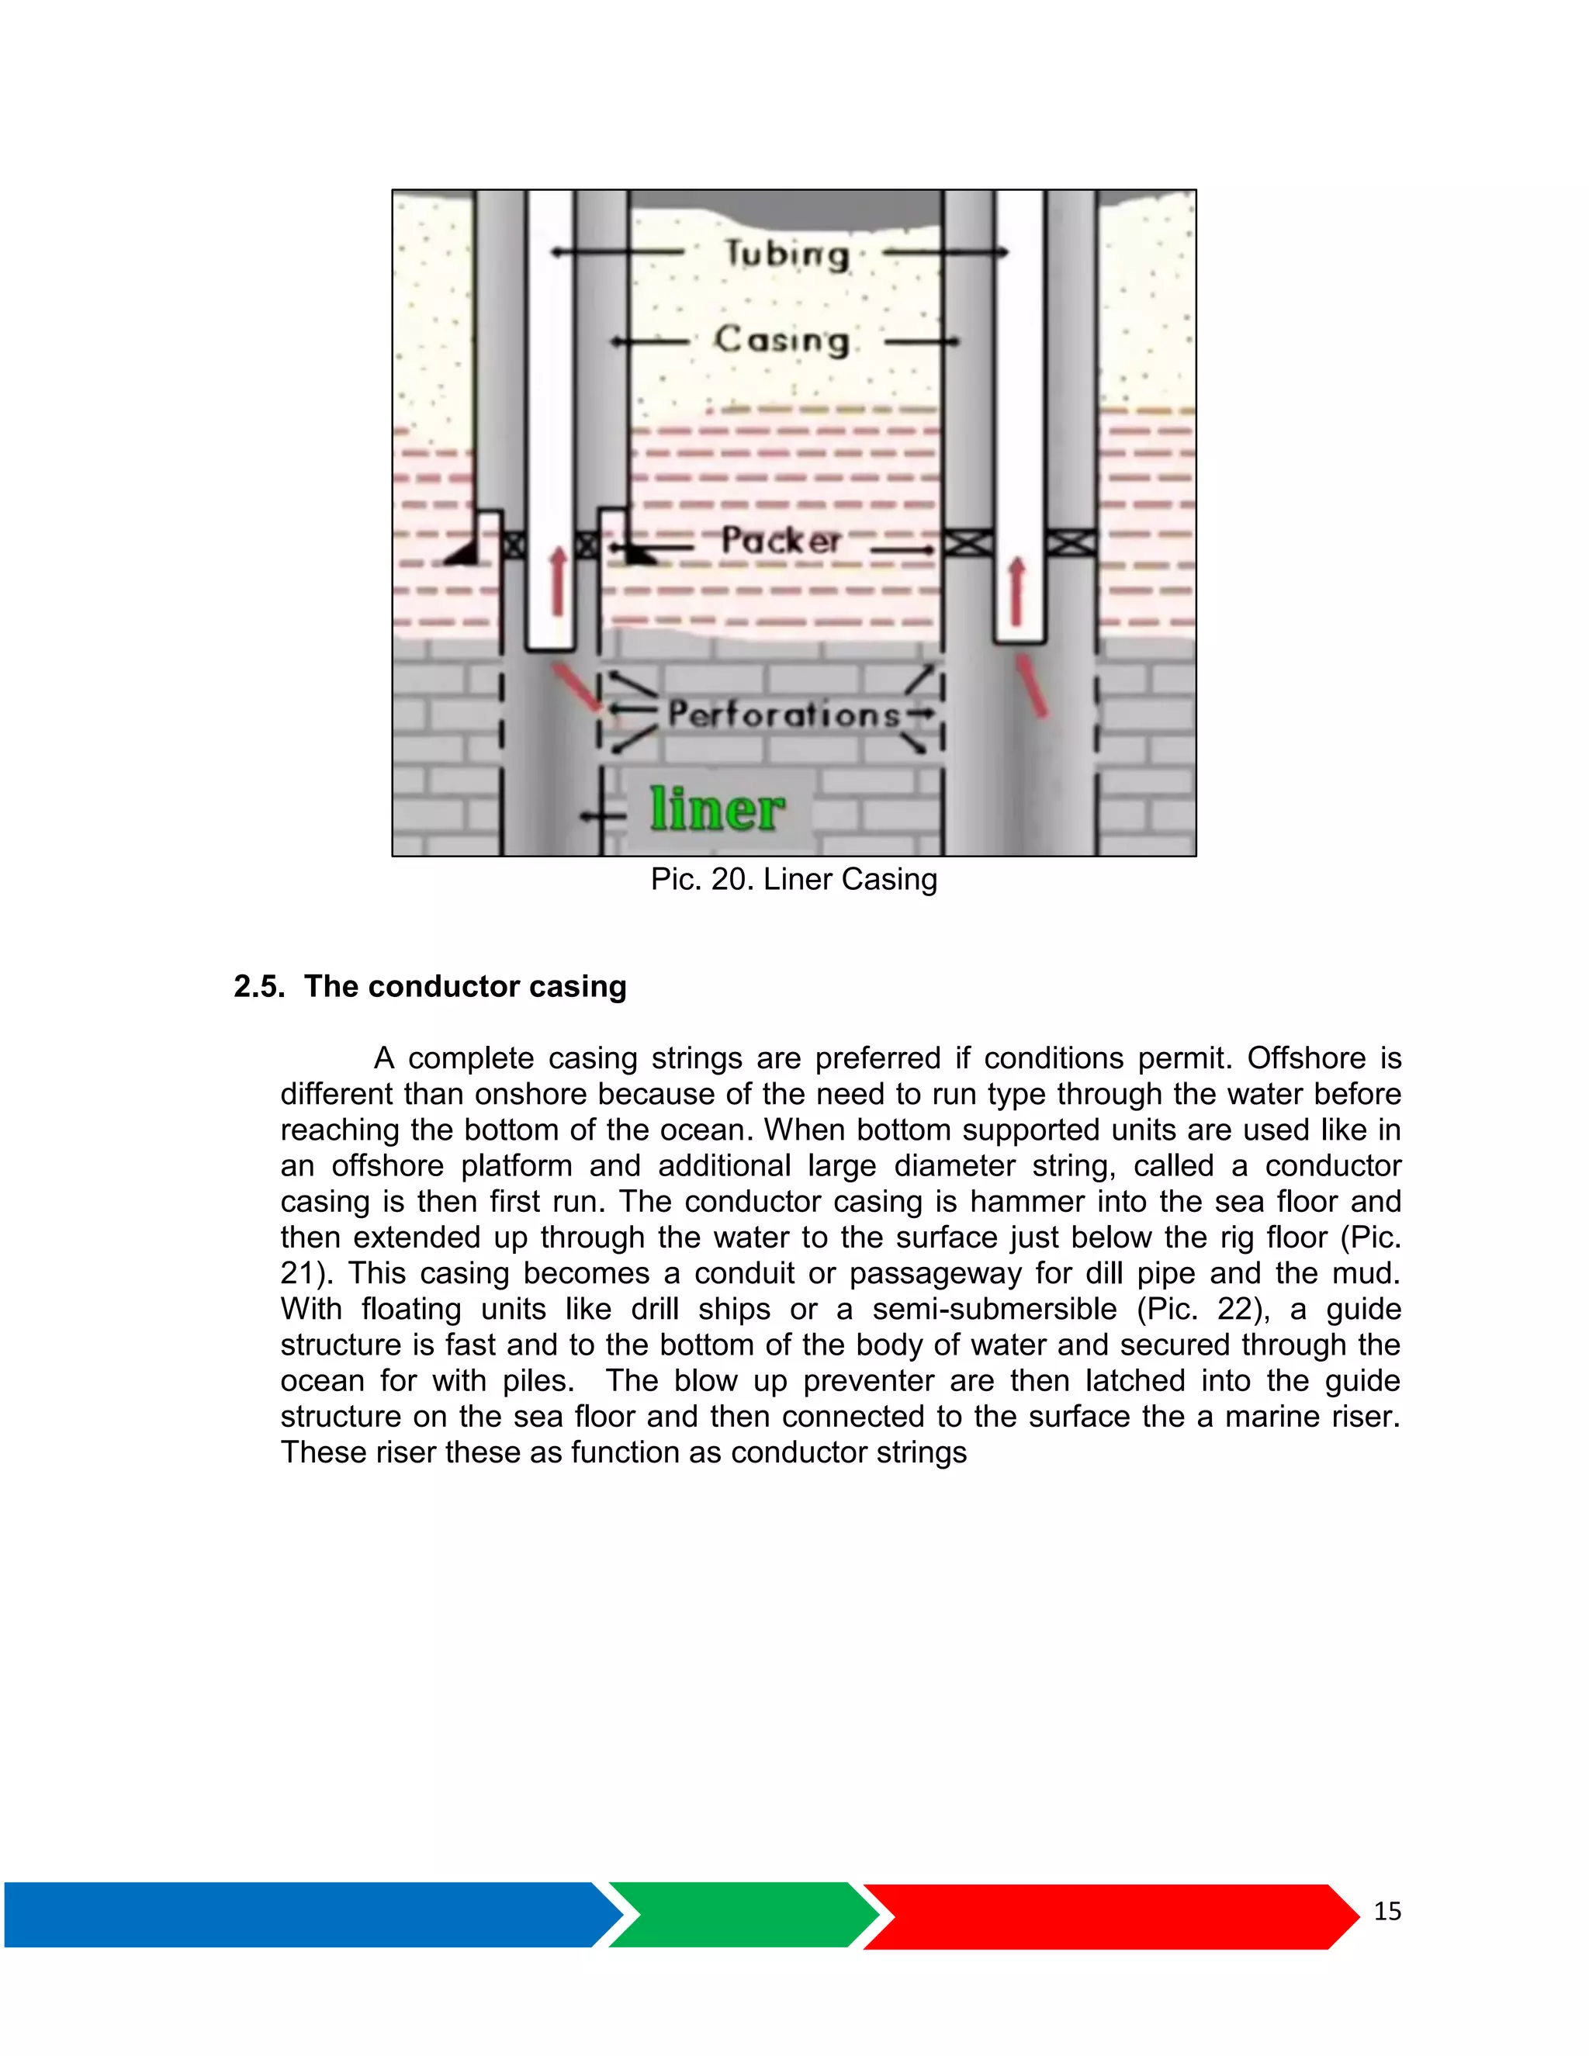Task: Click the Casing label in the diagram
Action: click(781, 340)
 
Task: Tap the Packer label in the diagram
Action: click(781, 540)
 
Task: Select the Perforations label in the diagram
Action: click(784, 715)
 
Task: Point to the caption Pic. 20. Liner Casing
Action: click(794, 879)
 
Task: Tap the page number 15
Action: click(1386, 1910)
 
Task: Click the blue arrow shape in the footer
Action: click(301, 1914)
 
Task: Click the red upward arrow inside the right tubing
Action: click(1016, 590)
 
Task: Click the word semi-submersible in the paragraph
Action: click(994, 1310)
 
